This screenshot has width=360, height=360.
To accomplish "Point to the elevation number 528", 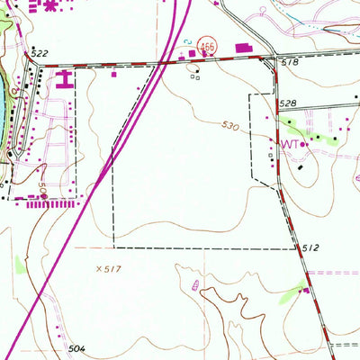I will pyautogui.click(x=287, y=105).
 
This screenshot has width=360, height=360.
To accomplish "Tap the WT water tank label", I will pyautogui.click(x=290, y=144).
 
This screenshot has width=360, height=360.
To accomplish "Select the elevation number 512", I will pyautogui.click(x=311, y=247).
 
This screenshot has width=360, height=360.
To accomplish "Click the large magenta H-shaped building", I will pyautogui.click(x=64, y=80).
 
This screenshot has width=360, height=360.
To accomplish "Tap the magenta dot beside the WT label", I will pyautogui.click(x=304, y=144).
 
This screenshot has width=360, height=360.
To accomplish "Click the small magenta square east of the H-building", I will pyautogui.click(x=114, y=76).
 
